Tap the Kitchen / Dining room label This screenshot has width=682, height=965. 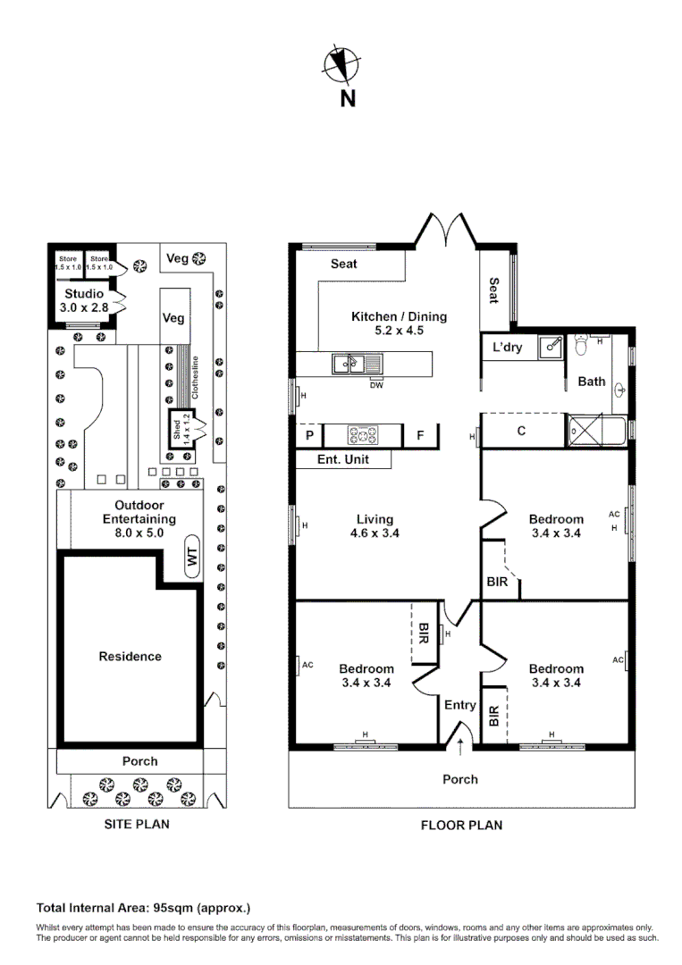point(399,316)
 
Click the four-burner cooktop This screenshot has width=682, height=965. point(362,435)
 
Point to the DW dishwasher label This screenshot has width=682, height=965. point(375,385)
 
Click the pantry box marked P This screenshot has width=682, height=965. point(309,435)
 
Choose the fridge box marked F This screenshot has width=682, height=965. point(419,435)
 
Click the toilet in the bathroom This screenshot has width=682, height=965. point(583,343)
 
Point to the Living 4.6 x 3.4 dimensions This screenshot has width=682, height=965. point(374,533)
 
